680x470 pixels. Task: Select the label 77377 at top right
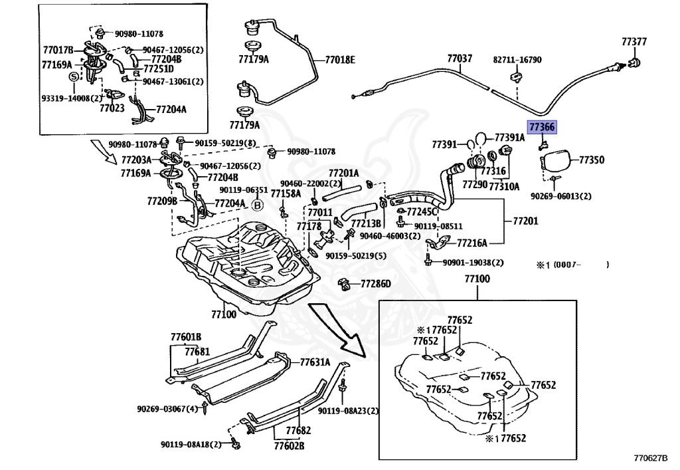point(634,42)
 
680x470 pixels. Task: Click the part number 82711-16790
point(517,60)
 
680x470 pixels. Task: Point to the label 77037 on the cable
point(460,59)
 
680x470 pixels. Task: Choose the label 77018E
point(339,60)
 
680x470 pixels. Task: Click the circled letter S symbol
point(74,77)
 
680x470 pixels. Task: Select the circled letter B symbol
point(258,205)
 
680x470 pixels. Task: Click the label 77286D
point(376,284)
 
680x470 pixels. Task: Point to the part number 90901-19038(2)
point(473,262)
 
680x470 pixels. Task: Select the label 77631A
point(315,362)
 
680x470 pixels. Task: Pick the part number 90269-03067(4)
point(167,408)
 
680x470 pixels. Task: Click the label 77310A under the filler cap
point(504,187)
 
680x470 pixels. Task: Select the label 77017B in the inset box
point(58,50)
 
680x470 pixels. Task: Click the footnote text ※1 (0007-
point(558,265)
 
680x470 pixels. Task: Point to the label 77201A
point(343,173)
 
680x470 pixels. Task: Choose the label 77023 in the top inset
point(112,107)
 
